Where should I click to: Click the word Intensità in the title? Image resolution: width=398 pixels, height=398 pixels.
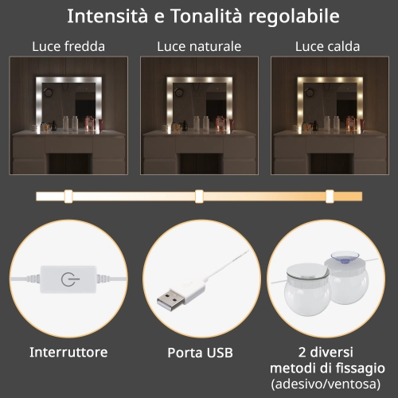107,16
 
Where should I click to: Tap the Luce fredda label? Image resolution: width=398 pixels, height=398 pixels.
68,46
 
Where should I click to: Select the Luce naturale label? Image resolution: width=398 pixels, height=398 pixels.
199,46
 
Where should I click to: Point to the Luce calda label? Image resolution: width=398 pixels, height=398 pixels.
327,46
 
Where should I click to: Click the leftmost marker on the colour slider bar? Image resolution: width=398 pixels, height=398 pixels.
68,197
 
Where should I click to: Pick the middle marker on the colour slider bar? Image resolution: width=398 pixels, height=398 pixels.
199,197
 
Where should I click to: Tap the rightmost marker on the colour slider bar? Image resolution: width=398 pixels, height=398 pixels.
330,197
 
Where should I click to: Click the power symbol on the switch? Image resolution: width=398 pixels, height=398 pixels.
69,279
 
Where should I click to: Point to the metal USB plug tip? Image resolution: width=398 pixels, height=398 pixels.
170,301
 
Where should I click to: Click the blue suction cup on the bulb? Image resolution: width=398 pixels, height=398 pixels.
345,257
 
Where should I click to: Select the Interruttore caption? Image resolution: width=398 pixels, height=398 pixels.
68,352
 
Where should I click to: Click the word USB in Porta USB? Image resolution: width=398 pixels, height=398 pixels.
220,353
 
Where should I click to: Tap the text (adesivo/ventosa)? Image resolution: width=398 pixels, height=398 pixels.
326,384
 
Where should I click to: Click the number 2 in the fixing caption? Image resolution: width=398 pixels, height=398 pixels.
302,353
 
